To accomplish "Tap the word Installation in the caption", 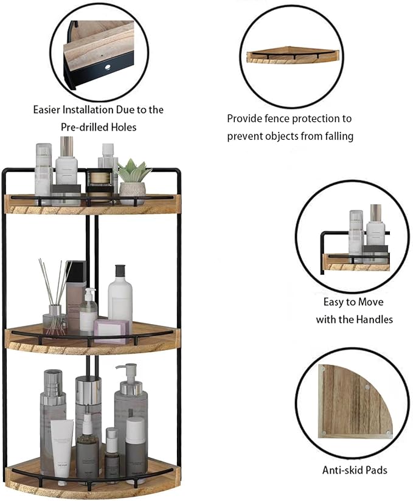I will (86, 110).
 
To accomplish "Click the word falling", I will (336, 136).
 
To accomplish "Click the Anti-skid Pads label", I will (354, 469).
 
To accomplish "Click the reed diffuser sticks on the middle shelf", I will (50, 283).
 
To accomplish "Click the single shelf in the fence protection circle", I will (293, 57).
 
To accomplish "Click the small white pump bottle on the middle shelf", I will (89, 311).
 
